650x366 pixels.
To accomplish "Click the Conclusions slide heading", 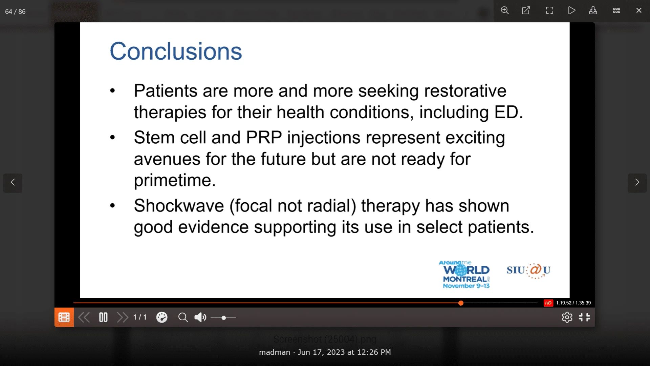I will tap(176, 52).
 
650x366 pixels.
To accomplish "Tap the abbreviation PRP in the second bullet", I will tap(264, 138).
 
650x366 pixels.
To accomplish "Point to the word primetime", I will tap(175, 180).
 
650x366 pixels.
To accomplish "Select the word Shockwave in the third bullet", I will tap(179, 206).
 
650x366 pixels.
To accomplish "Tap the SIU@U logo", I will tap(528, 270).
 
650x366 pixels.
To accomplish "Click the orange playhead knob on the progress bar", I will tap(461, 303).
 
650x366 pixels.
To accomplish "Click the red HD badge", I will tap(548, 303).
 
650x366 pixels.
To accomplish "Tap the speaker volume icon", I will tap(200, 318).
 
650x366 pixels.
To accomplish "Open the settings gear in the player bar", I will tap(567, 318).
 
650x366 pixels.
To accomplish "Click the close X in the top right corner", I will tap(639, 11).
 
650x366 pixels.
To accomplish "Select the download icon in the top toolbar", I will tap(593, 11).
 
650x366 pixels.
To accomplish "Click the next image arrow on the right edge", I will tap(637, 183).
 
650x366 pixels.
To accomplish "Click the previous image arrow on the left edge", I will tap(13, 183).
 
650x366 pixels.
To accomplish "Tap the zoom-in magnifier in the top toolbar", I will tap(505, 11).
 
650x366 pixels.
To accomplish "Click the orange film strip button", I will tap(64, 318).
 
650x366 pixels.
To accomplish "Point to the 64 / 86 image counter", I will tap(15, 12).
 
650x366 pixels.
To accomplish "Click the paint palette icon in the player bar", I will tap(162, 318).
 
